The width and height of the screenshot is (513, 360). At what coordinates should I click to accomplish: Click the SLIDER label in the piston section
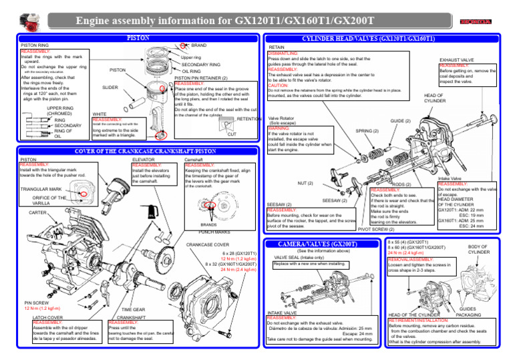[110, 87]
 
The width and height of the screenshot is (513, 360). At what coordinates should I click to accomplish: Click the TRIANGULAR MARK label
[41, 190]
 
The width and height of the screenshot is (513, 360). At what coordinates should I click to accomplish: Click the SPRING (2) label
[367, 131]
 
